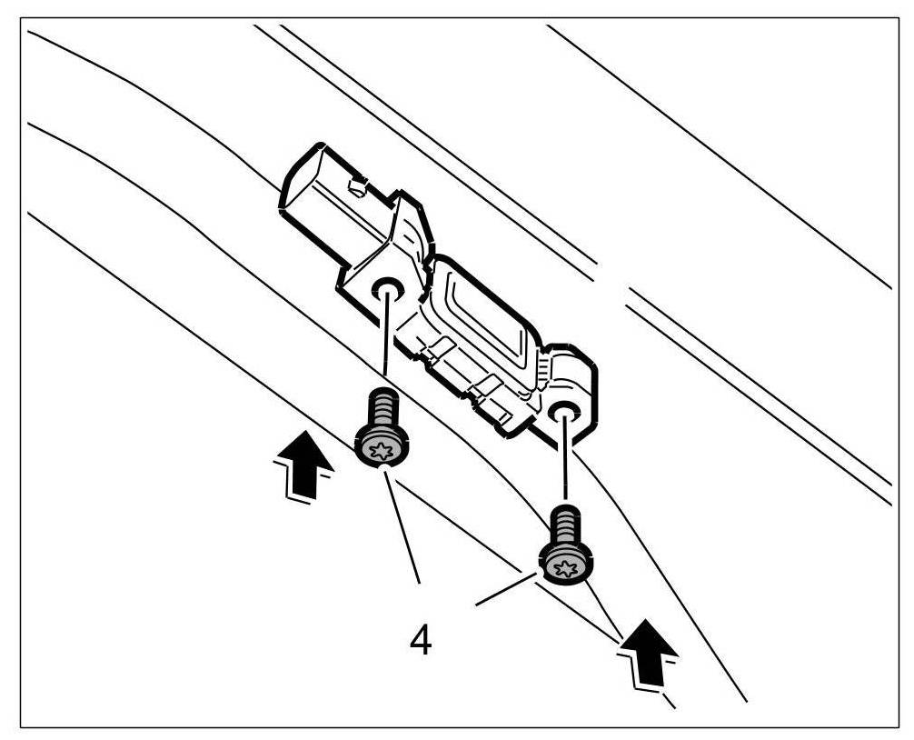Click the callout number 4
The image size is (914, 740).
pyautogui.click(x=421, y=640)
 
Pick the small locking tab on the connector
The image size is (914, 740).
pyautogui.click(x=357, y=188)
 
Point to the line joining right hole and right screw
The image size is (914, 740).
pyautogui.click(x=565, y=464)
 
